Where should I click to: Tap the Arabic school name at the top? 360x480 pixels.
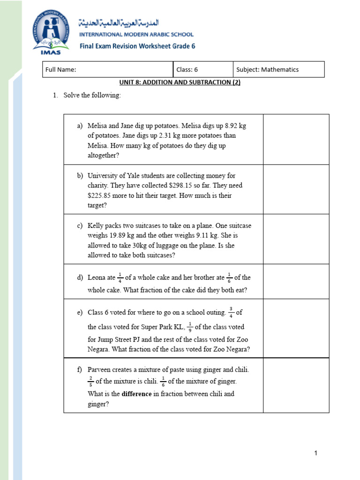119,22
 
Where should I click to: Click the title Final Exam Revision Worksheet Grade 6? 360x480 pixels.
137,46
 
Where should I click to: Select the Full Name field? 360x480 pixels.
107,69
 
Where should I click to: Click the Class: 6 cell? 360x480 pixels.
202,69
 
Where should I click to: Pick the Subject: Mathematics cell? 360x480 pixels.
278,69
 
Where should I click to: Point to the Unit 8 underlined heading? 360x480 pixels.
180,82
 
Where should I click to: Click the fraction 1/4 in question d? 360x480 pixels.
120,277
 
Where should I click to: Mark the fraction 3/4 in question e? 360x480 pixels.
231,312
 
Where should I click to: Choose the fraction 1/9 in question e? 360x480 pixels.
190,326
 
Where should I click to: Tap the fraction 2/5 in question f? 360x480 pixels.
91,381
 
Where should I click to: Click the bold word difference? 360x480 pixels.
136,394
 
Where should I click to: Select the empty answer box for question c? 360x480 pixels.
296,239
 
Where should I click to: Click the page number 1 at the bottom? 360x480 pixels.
316,453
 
